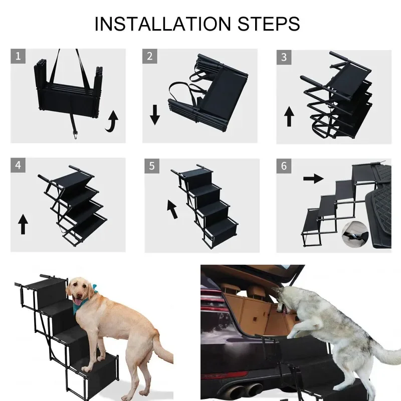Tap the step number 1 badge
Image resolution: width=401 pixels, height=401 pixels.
pos(18,56)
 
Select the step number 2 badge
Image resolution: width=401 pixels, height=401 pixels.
pos(149,56)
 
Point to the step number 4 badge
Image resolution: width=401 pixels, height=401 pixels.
pos(18,165)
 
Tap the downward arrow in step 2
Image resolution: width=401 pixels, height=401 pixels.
pos(155,116)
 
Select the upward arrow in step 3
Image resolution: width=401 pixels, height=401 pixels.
pos(289,117)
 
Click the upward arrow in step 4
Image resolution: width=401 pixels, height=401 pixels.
pos(23,224)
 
